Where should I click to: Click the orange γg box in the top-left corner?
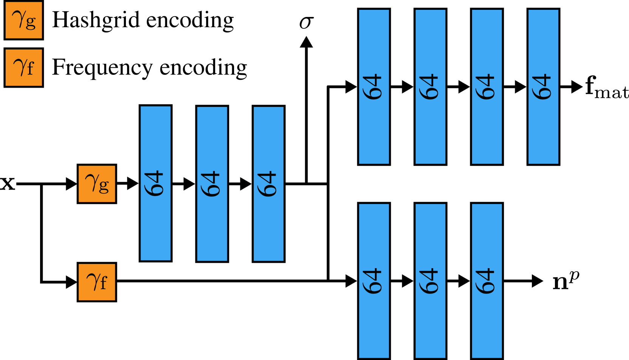pyautogui.click(x=23, y=20)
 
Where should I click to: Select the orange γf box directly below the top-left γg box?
pyautogui.click(x=23, y=68)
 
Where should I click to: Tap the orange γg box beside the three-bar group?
pyautogui.click(x=97, y=184)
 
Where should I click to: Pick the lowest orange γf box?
pyautogui.click(x=97, y=282)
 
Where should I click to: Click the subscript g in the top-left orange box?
pyautogui.click(x=31, y=23)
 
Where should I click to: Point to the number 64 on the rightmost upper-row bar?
pyautogui.click(x=542, y=87)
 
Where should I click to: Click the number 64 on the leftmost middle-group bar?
pyautogui.click(x=154, y=184)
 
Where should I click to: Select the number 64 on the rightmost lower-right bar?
pyautogui.click(x=485, y=281)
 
